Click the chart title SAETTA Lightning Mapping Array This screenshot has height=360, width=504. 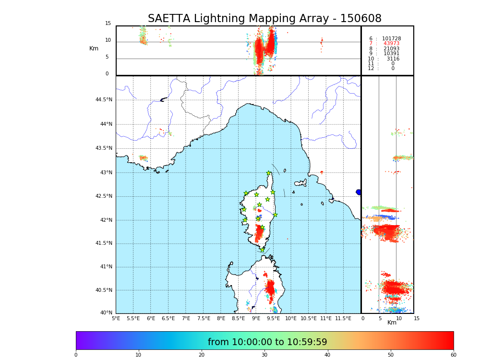point(264,19)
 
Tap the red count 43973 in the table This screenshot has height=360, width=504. point(391,44)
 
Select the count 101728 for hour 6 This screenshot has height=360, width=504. point(391,39)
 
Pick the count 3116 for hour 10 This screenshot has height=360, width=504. point(393,59)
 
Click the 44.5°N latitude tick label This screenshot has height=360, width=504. point(104,100)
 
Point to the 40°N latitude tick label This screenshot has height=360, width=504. point(106,313)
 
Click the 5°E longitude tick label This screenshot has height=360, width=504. point(116,318)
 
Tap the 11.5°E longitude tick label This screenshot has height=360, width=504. point(343,318)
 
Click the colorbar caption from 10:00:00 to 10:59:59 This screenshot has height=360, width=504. point(267,342)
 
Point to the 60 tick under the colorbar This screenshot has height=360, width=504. point(453,355)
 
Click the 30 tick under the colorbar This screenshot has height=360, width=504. point(264,355)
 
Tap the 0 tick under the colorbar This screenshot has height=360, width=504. point(76,355)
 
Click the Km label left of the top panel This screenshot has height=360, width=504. point(94,48)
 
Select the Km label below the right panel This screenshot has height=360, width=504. point(392,323)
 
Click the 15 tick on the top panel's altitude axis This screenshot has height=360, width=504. point(108,24)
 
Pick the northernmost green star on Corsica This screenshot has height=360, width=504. point(269,173)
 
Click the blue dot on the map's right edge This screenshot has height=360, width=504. point(359,192)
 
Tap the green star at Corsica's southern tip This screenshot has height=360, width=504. point(262,250)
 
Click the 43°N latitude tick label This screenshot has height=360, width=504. point(106,173)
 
